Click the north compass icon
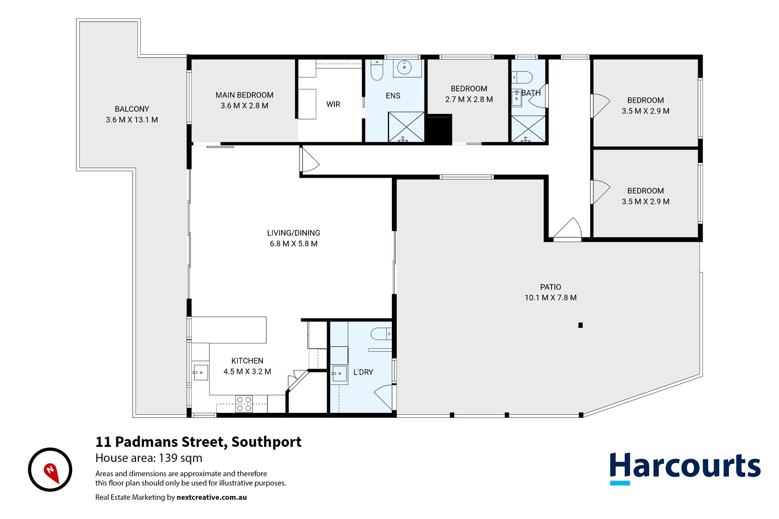(50, 470)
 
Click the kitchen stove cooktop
(244, 404)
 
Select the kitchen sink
(200, 372)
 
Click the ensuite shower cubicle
(406, 126)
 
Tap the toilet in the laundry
(382, 333)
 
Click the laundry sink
(339, 373)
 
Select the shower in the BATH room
(528, 129)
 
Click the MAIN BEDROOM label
(244, 95)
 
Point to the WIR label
(333, 104)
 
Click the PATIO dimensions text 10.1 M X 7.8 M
(550, 297)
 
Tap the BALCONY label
(132, 109)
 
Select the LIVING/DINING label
(293, 233)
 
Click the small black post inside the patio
(580, 325)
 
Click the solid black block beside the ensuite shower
(439, 129)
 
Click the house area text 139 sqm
(149, 458)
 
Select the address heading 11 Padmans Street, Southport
(198, 442)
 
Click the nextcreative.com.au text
(212, 497)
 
